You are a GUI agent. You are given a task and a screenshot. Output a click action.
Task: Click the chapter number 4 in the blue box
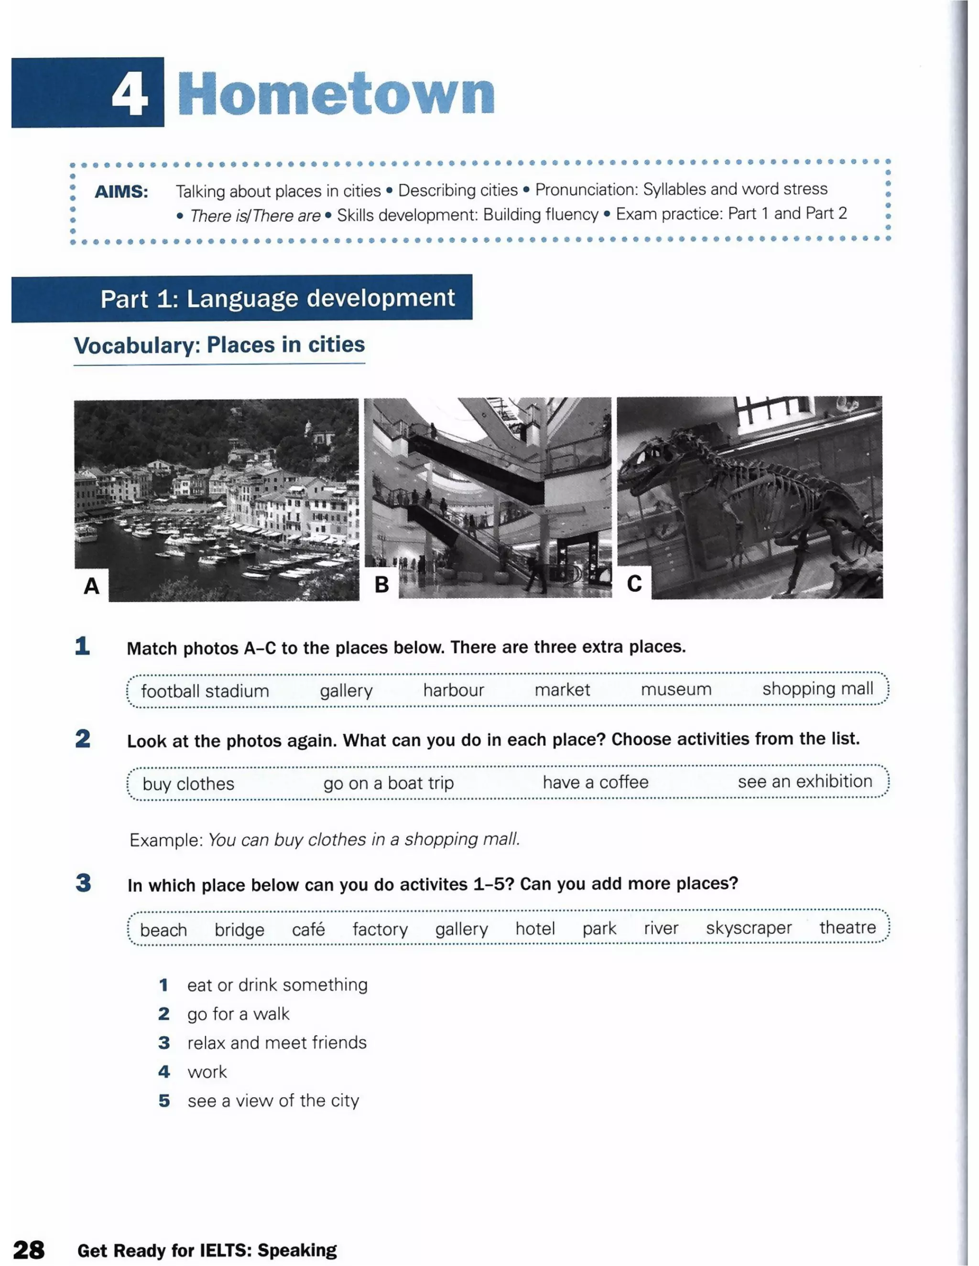click(x=130, y=95)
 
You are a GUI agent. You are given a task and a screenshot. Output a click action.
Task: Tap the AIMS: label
click(x=121, y=192)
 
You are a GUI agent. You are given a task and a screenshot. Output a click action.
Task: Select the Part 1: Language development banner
click(x=277, y=299)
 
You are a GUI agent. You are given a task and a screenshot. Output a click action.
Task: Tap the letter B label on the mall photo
click(x=381, y=584)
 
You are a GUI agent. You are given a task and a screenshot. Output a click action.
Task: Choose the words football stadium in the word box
click(x=205, y=691)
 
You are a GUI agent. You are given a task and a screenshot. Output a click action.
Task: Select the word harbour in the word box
click(x=453, y=690)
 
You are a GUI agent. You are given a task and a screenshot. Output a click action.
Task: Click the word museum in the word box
click(x=675, y=689)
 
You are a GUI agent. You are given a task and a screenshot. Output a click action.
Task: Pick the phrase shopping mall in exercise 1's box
click(x=817, y=688)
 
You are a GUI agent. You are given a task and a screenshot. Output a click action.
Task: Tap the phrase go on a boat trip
click(x=388, y=783)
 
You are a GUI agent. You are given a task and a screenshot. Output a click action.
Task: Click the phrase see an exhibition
click(x=805, y=782)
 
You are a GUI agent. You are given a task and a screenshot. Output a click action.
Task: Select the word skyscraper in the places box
click(x=748, y=928)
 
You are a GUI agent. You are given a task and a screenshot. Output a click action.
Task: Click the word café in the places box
click(x=308, y=930)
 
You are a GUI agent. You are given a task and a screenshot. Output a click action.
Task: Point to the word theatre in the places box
click(x=847, y=927)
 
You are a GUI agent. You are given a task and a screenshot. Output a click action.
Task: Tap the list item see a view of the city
click(x=272, y=1101)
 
